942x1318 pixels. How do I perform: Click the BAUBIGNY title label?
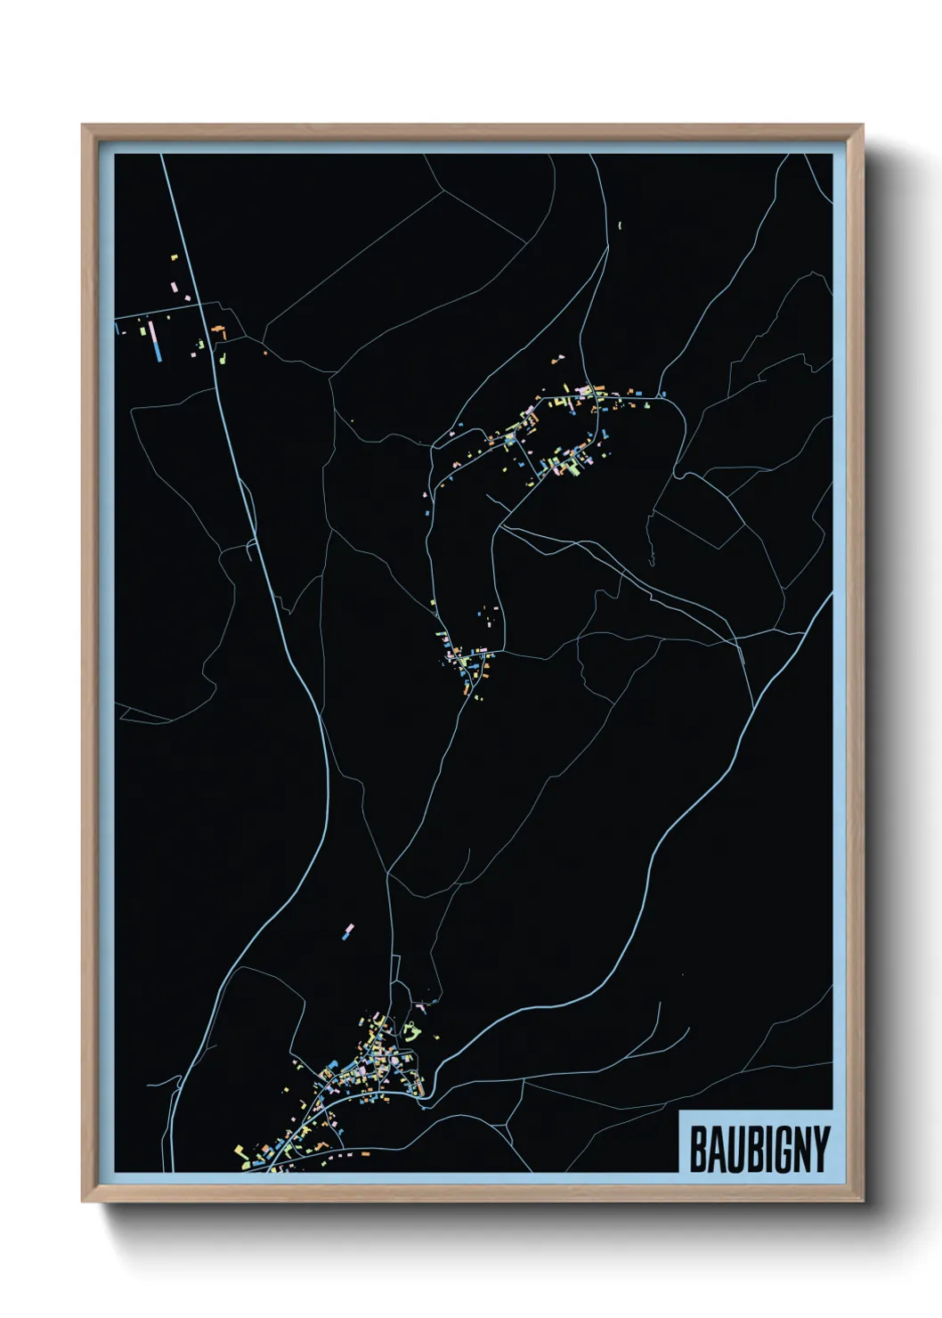click(759, 1149)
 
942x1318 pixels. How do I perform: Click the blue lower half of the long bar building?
click(158, 350)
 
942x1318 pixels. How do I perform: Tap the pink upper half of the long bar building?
click(155, 331)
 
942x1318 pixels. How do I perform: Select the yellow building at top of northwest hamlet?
click(175, 257)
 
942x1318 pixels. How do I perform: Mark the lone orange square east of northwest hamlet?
click(264, 352)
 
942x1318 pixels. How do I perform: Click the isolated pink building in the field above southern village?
click(350, 928)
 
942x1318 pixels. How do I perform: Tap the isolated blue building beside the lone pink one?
click(344, 937)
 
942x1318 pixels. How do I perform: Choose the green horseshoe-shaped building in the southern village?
click(411, 1033)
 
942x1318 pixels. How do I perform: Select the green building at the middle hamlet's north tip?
click(434, 603)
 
